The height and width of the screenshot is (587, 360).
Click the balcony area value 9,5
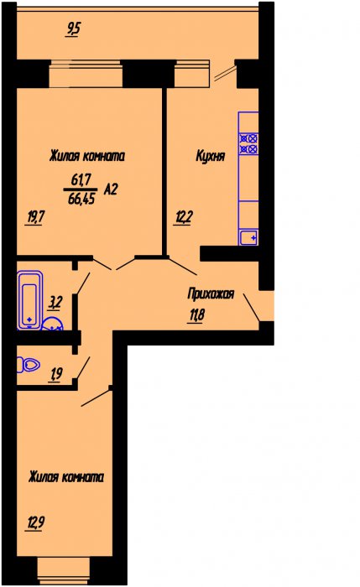click(x=73, y=30)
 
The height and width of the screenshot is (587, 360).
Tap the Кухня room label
click(x=211, y=156)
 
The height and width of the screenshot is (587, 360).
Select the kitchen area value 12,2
click(x=183, y=217)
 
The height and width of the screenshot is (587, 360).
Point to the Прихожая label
click(x=211, y=293)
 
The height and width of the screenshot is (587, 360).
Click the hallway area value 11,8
click(x=196, y=315)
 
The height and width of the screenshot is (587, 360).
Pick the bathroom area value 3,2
click(x=55, y=303)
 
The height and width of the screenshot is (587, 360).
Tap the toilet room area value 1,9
click(x=56, y=374)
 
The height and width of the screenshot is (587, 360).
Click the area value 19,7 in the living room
click(x=35, y=217)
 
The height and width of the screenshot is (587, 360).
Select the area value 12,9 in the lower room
click(x=35, y=522)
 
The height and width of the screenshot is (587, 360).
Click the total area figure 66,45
click(x=81, y=199)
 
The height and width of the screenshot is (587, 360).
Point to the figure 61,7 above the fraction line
click(x=81, y=180)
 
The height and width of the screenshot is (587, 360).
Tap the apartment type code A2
click(x=111, y=190)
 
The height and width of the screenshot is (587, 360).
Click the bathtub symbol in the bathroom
click(x=29, y=300)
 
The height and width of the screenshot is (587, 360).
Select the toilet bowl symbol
click(x=29, y=365)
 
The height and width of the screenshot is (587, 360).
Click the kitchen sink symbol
click(x=248, y=237)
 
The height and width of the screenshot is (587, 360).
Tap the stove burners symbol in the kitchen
click(x=248, y=143)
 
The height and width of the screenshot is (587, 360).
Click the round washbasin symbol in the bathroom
click(x=52, y=324)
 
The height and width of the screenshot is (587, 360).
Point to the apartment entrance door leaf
click(x=252, y=308)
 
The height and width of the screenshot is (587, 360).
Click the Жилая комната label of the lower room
click(x=66, y=477)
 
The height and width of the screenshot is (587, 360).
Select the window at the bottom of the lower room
click(x=64, y=571)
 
